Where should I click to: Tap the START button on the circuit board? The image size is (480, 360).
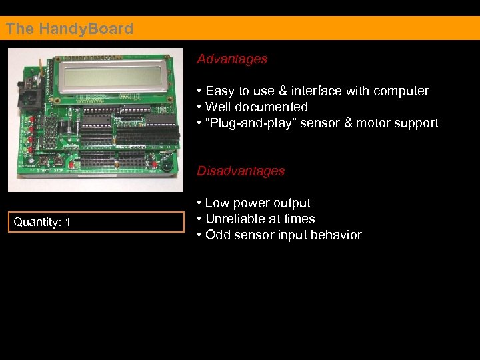pyautogui.click(x=45, y=162)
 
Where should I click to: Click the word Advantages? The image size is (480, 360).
pyautogui.click(x=232, y=59)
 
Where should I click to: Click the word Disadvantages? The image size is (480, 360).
pyautogui.click(x=241, y=171)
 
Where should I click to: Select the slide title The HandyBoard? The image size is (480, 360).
pyautogui.click(x=69, y=29)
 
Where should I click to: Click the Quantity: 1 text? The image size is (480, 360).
pyautogui.click(x=42, y=222)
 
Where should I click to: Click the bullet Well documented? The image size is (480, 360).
pyautogui.click(x=257, y=107)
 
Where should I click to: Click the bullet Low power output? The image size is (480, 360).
pyautogui.click(x=257, y=203)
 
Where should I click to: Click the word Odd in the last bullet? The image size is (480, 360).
pyautogui.click(x=217, y=235)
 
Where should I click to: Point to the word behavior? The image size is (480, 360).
pyautogui.click(x=336, y=235)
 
